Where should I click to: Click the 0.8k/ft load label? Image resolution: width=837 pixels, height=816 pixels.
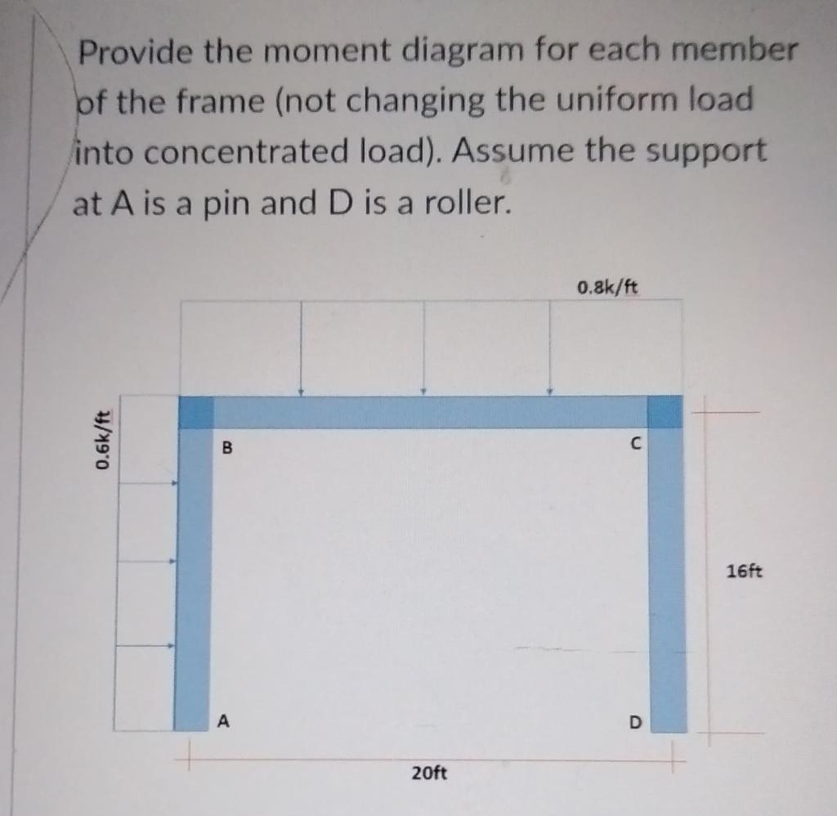tap(607, 287)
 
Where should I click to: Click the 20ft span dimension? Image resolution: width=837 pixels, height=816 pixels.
tap(429, 771)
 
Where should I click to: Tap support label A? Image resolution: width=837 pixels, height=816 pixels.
tap(224, 720)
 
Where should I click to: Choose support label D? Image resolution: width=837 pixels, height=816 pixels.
tap(635, 723)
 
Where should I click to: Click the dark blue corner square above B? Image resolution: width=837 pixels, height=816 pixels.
tap(195, 412)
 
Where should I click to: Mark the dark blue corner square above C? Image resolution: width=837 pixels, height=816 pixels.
tap(665, 411)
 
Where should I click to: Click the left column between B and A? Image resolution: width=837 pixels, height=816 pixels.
tap(193, 572)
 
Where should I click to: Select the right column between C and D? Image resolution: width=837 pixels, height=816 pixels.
tap(668, 572)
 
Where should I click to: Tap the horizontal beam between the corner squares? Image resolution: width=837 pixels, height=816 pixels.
tap(429, 412)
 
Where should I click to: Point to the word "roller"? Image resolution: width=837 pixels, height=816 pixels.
tap(459, 202)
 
